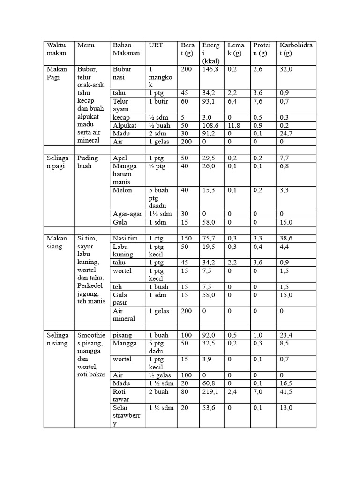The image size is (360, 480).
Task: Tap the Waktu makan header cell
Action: [57, 49]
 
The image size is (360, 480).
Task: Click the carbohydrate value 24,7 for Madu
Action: [286, 133]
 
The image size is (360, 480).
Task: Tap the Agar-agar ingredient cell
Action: [127, 214]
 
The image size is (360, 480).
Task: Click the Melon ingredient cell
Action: [122, 190]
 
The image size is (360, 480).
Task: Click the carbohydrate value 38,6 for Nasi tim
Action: [286, 239]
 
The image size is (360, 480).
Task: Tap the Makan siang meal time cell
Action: [57, 242]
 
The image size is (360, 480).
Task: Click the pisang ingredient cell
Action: [122, 335]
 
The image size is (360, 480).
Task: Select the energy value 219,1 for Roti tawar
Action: [211, 391]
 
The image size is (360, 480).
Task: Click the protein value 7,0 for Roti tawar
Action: [259, 391]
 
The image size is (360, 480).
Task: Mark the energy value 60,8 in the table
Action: [210, 383]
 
